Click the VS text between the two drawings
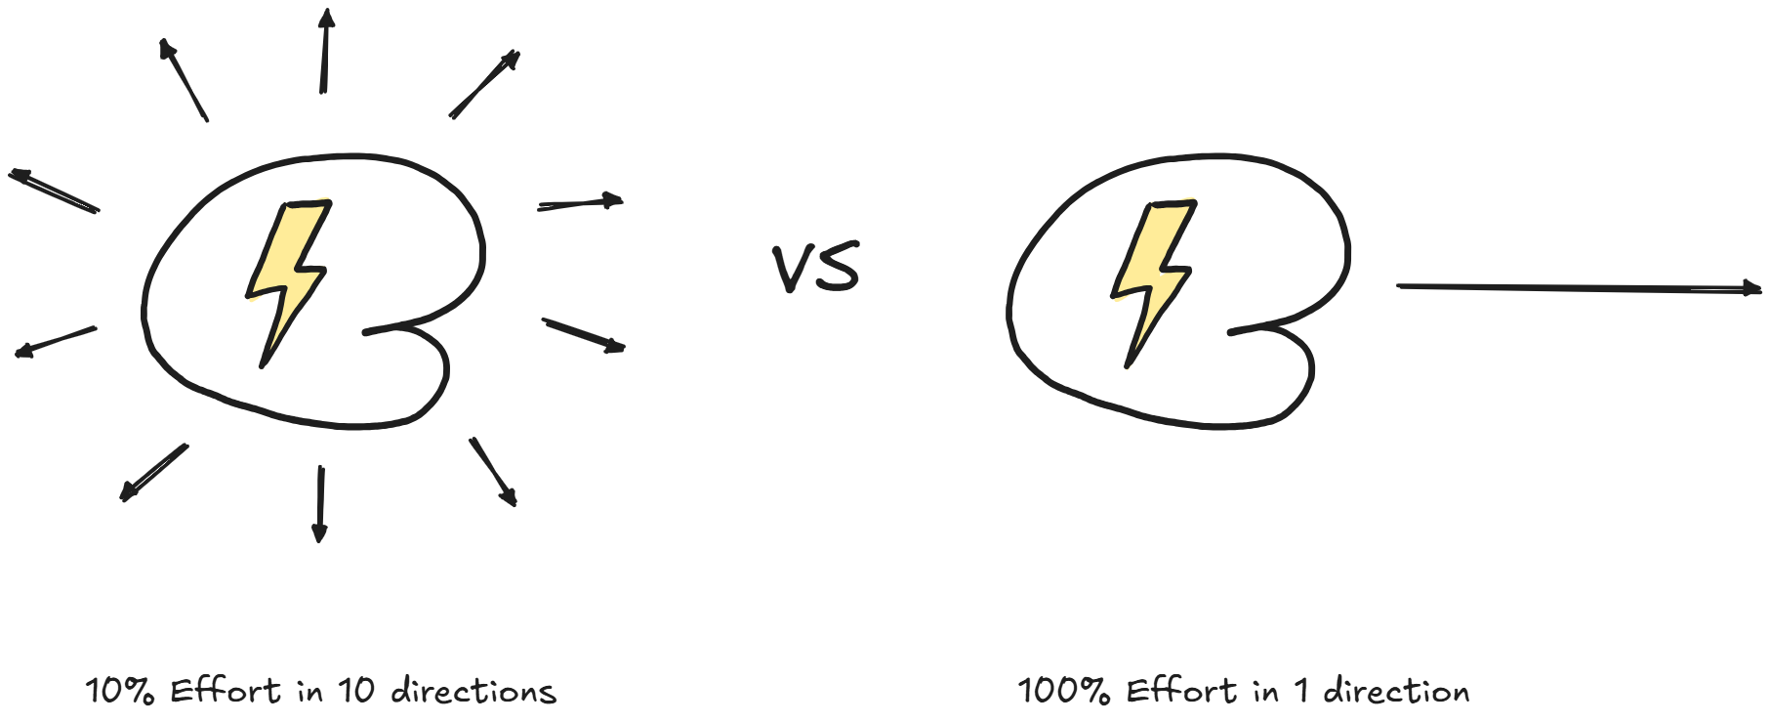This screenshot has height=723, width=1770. point(816,269)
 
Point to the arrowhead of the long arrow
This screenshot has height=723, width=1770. point(1751,288)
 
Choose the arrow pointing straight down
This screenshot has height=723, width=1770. point(319,502)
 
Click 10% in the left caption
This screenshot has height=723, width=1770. point(119,692)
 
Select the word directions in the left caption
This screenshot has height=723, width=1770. point(473,692)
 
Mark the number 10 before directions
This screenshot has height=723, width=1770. point(356,692)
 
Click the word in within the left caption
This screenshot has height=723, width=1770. point(309,692)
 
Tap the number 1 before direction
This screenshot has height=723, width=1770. point(1300,692)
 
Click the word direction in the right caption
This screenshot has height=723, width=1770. point(1396,692)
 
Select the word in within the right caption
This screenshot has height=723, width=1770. point(1265,692)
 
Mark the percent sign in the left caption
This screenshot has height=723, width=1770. point(141,692)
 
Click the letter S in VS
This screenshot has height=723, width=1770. point(839,269)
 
